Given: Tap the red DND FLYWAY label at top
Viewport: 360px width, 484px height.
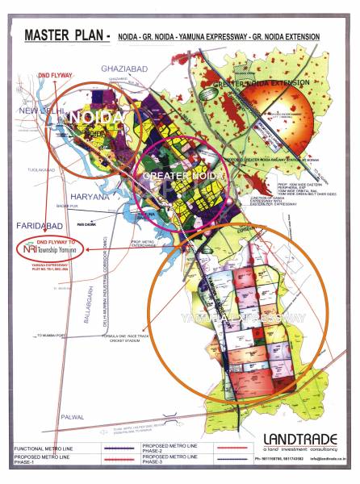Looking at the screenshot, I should (56, 75).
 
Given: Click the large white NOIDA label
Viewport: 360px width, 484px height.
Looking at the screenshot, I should (96, 118).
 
